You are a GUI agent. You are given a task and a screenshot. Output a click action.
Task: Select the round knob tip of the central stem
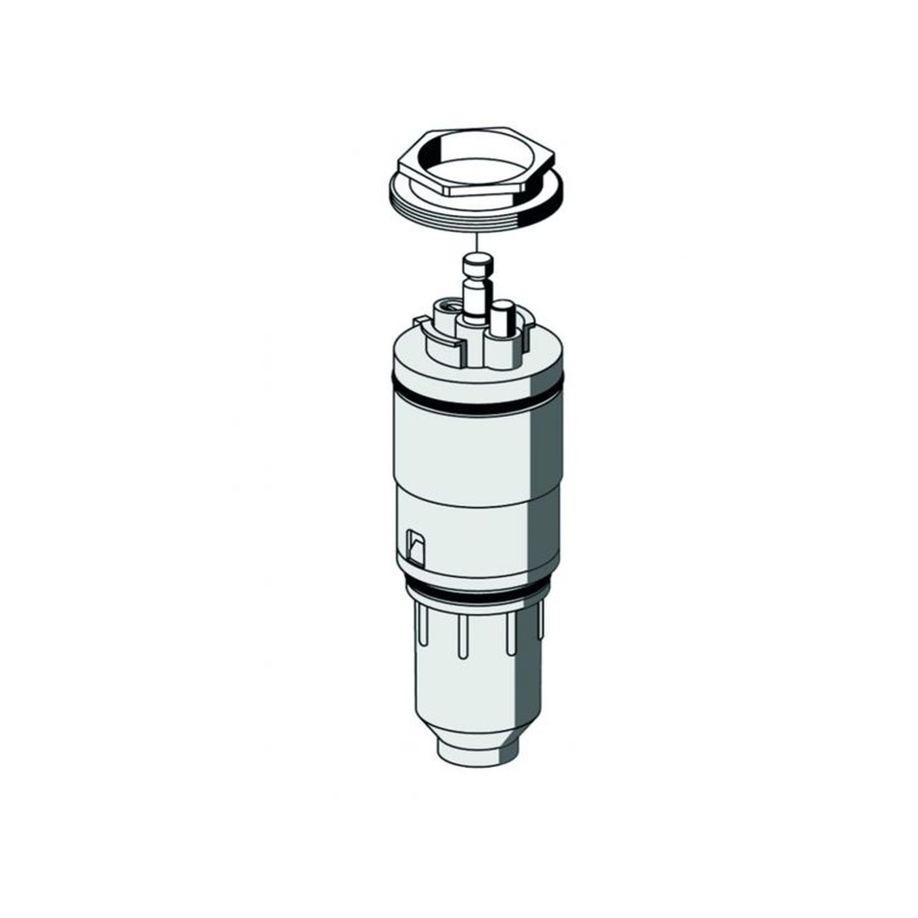coord(478,263)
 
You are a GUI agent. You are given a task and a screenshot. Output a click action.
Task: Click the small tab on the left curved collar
coord(420,322)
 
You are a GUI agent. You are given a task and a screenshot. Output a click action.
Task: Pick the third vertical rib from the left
coord(510,635)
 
